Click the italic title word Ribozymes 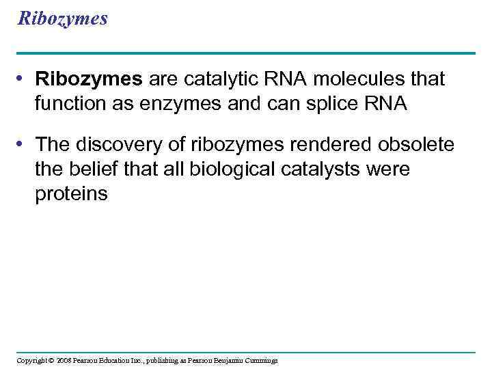(63, 18)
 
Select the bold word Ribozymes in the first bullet (89, 79)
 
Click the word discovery (114, 144)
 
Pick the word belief (89, 169)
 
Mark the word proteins (72, 193)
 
